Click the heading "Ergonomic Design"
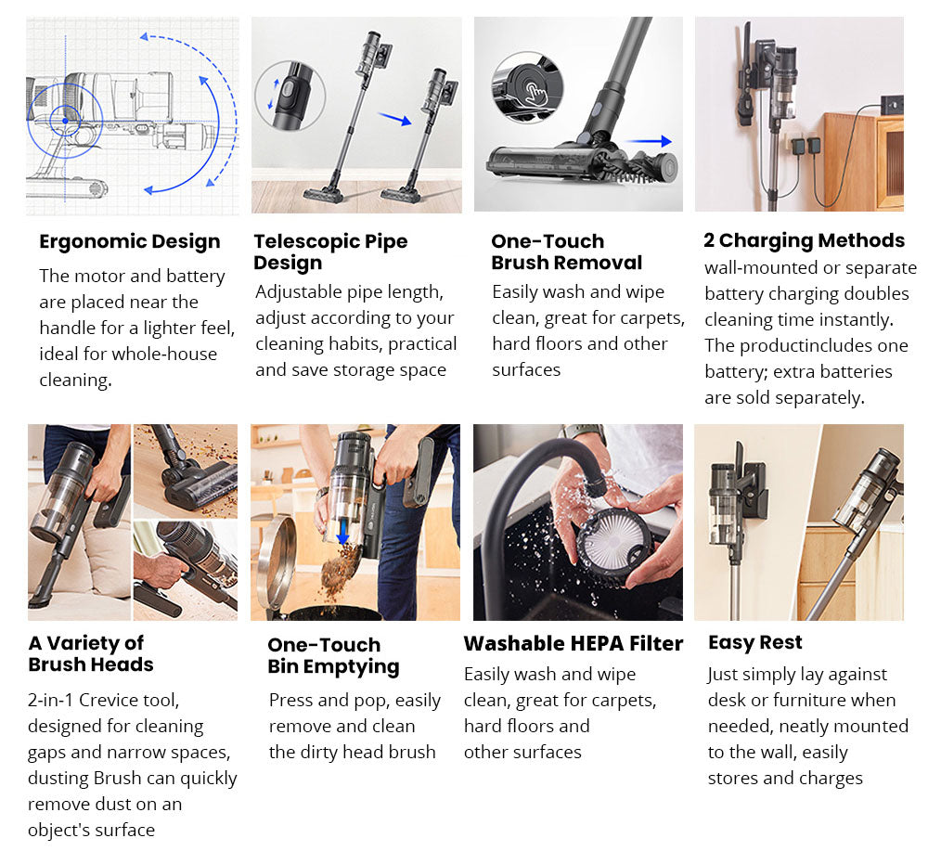click(x=130, y=242)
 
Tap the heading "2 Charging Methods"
click(x=804, y=241)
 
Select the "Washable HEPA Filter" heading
click(x=573, y=644)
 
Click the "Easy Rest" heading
click(x=755, y=643)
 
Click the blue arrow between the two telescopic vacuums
click(x=394, y=119)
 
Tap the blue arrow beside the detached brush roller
click(x=649, y=141)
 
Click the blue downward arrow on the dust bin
click(x=342, y=532)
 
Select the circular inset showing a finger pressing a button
click(x=527, y=87)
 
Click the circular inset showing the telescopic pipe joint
click(x=290, y=96)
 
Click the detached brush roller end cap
click(x=667, y=166)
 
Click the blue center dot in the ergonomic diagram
click(x=65, y=121)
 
